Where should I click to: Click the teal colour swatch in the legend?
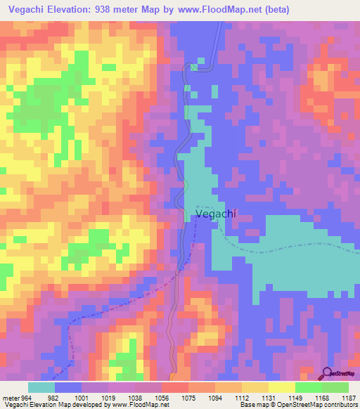41,387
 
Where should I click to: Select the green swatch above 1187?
335,387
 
